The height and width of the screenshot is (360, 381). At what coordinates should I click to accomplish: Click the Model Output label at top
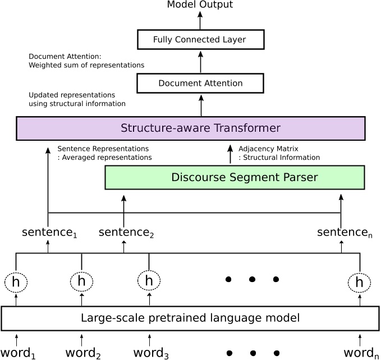[200, 5]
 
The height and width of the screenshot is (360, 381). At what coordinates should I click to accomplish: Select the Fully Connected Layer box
[200, 40]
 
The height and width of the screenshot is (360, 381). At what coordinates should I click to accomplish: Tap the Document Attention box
[200, 83]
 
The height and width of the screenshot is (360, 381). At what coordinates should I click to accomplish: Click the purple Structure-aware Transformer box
[191, 128]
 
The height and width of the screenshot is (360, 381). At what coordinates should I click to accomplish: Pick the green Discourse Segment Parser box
[235, 177]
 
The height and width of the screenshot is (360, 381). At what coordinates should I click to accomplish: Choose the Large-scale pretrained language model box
[191, 318]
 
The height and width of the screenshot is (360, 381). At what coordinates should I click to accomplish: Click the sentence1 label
[49, 232]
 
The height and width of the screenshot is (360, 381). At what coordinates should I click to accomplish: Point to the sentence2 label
[126, 232]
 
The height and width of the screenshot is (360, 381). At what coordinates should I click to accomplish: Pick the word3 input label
[150, 353]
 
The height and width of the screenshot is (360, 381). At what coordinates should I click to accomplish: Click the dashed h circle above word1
[16, 282]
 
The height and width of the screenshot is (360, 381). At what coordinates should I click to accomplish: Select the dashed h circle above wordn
[359, 282]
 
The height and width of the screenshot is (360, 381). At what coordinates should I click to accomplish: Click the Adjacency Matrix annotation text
[279, 153]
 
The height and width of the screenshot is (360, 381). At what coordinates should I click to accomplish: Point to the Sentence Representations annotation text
[104, 153]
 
